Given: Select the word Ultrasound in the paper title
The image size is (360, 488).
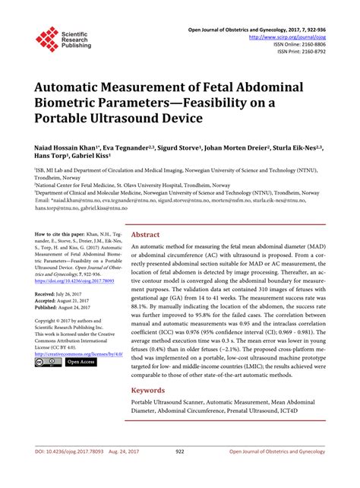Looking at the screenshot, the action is (155, 121).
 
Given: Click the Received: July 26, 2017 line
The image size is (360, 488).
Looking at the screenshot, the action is (65, 293).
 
